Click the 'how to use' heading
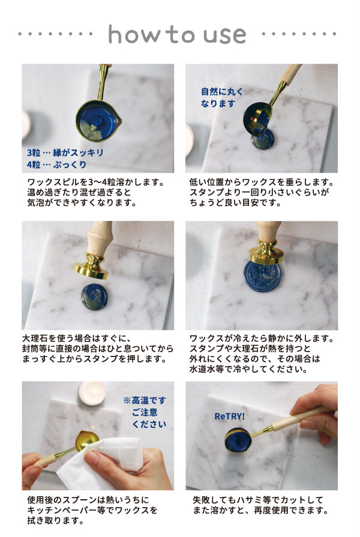click(177, 34)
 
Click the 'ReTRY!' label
click(230, 416)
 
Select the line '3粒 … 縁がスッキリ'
click(65, 152)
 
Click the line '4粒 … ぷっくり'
click(57, 164)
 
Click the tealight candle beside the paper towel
click(92, 393)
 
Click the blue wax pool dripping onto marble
click(262, 139)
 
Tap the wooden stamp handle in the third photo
click(99, 237)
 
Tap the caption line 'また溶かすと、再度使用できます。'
click(260, 511)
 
